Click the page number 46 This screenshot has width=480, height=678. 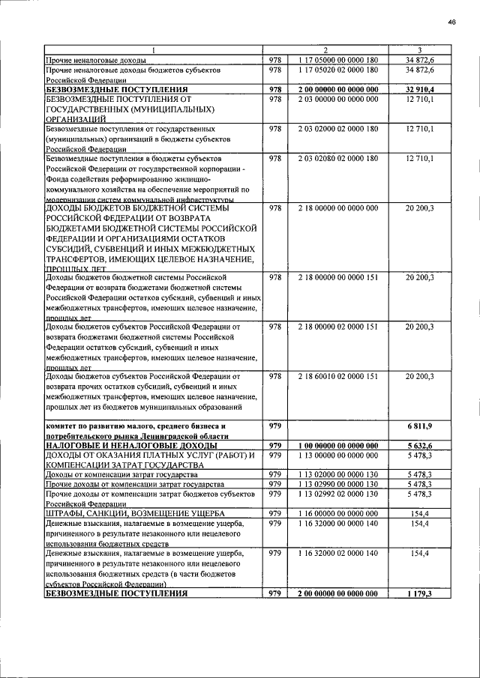[452, 22]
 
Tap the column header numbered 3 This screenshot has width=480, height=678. [420, 50]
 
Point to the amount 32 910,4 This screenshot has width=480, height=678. [420, 90]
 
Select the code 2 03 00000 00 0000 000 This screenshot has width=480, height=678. [337, 100]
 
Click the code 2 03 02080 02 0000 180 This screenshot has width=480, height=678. [337, 160]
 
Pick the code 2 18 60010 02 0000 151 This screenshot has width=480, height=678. [337, 376]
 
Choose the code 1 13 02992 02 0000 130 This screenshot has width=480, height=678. [337, 494]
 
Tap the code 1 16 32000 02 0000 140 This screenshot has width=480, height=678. [337, 553]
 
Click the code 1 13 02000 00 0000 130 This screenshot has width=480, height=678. [337, 474]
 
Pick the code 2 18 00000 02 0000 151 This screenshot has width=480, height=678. [337, 327]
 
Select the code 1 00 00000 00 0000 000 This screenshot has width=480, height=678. [337, 445]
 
